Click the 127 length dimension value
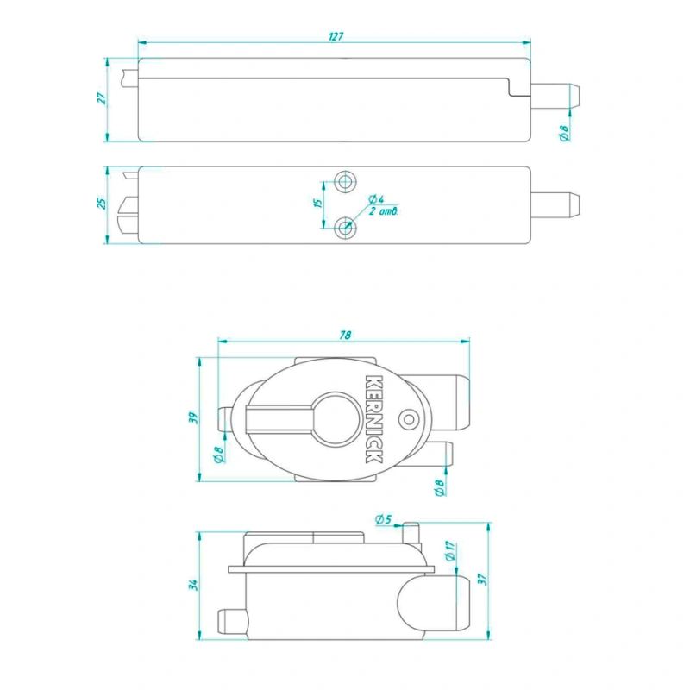(x=336, y=36)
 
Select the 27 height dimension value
(x=102, y=98)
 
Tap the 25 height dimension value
(x=101, y=204)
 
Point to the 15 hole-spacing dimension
(x=318, y=203)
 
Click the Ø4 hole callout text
(x=376, y=199)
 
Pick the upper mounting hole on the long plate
(x=346, y=180)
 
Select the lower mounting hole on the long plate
(x=346, y=228)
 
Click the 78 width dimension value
(x=346, y=336)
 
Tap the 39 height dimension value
(x=192, y=417)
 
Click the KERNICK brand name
(x=373, y=419)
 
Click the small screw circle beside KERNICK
(x=409, y=419)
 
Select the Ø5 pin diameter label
(x=383, y=519)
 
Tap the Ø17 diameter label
(x=450, y=551)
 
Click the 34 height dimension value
(x=192, y=585)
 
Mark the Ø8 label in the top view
(x=565, y=133)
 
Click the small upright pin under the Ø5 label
(x=411, y=533)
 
